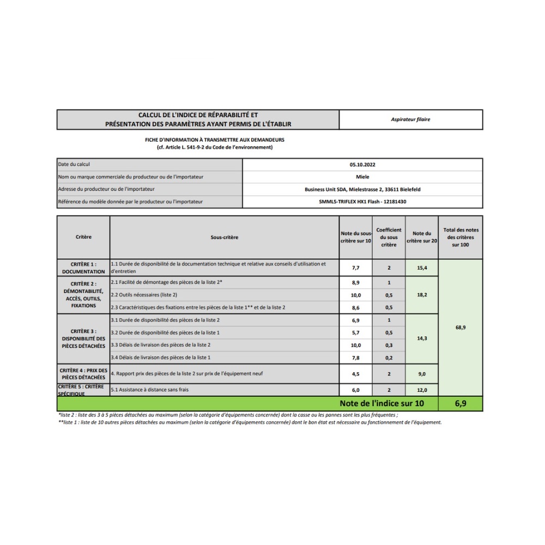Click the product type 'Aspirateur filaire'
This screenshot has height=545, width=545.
pyautogui.click(x=410, y=119)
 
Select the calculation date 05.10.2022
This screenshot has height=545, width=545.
pyautogui.click(x=362, y=164)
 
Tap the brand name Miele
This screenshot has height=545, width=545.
pyautogui.click(x=362, y=177)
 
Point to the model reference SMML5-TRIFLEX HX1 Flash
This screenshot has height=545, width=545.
pyautogui.click(x=362, y=202)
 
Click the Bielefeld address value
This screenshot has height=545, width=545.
pyautogui.click(x=362, y=189)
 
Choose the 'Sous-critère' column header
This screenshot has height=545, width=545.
pyautogui.click(x=225, y=237)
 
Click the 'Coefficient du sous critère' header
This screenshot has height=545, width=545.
pyautogui.click(x=389, y=237)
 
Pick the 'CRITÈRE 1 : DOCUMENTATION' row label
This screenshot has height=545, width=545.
pyautogui.click(x=83, y=268)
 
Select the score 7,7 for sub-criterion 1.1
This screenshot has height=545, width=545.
pyautogui.click(x=356, y=268)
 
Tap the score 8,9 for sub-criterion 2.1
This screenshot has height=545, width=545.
pyautogui.click(x=356, y=283)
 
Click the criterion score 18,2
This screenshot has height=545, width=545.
pyautogui.click(x=422, y=295)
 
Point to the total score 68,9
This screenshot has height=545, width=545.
pyautogui.click(x=461, y=328)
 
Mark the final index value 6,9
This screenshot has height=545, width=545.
pyautogui.click(x=461, y=404)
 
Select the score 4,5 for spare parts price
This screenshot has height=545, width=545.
pyautogui.click(x=356, y=374)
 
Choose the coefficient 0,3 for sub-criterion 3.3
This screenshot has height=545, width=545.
pyautogui.click(x=389, y=345)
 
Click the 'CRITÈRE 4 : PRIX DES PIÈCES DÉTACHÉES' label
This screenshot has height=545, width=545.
pyautogui.click(x=83, y=374)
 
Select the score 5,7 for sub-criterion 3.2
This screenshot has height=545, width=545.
pyautogui.click(x=356, y=332)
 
